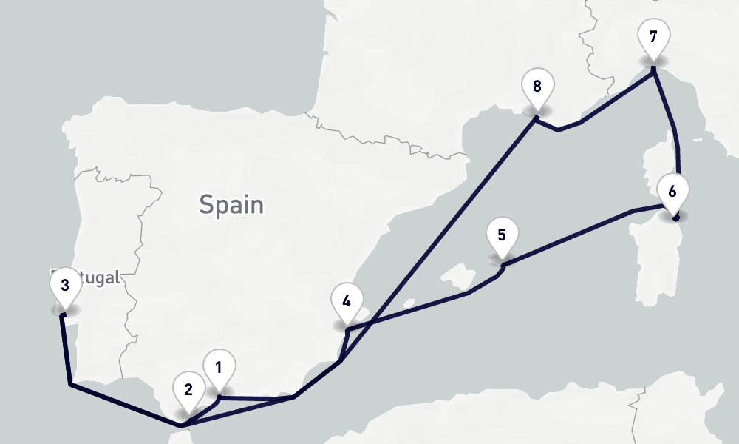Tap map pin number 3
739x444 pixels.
65,285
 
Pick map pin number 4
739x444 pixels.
347,301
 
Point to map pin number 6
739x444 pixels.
672,192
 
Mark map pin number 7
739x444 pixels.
653,36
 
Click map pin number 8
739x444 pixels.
537,86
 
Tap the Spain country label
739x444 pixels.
231,204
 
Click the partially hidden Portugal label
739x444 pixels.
96,278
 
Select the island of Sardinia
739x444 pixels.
654,252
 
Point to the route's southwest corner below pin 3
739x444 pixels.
69,384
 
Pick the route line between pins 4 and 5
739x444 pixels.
414,308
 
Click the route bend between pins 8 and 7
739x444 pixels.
559,130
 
